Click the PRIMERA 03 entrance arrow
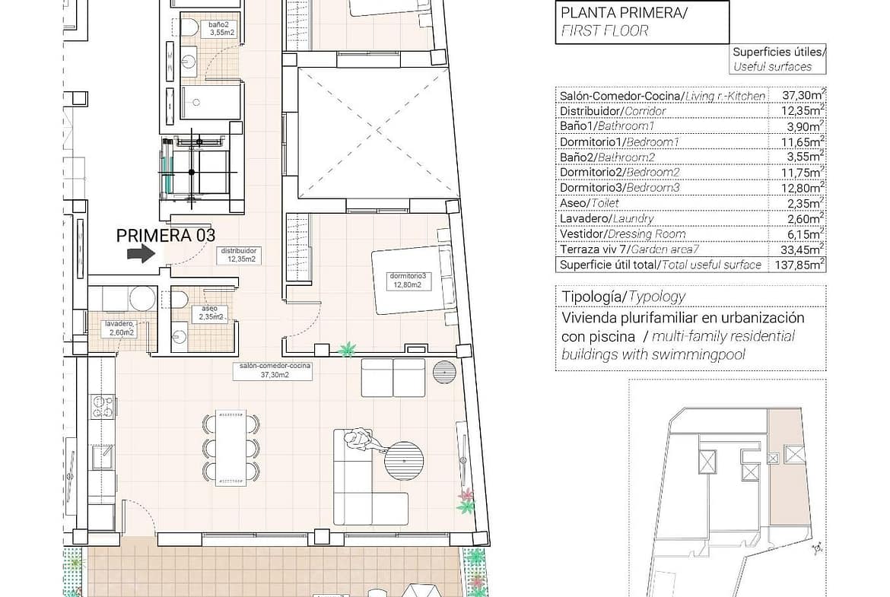141,253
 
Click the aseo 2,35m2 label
211,313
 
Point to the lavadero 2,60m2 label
119,328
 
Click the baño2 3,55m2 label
221,28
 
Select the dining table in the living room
231,448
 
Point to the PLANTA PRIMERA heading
624,12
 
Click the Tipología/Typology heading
623,297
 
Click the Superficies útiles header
777,52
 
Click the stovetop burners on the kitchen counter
103,406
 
